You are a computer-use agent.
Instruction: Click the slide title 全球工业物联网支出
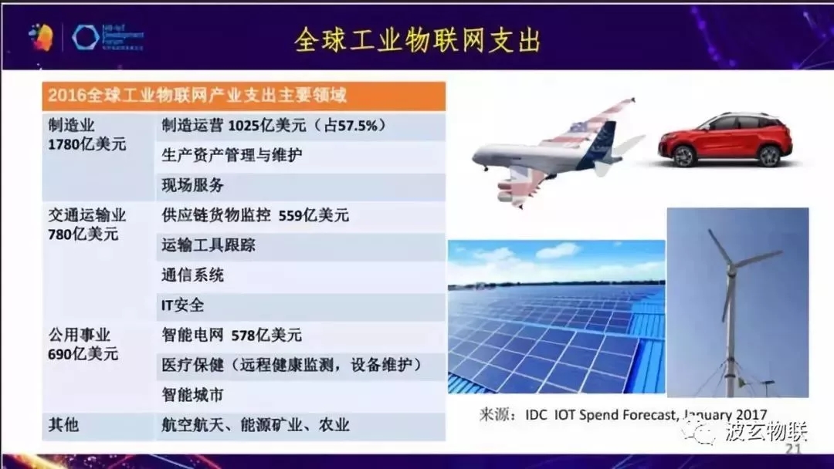[417, 40]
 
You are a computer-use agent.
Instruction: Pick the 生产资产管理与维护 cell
[232, 155]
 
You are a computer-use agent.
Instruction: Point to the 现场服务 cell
[193, 185]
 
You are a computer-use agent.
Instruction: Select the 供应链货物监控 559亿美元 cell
[255, 215]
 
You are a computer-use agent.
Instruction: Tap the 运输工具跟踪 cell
[208, 245]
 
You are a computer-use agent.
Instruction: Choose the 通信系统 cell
[193, 275]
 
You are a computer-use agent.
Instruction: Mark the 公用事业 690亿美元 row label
[85, 345]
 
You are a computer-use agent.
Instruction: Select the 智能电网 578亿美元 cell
[232, 336]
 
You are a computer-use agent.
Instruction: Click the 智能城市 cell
[193, 395]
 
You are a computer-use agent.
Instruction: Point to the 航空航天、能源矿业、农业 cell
[255, 425]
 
